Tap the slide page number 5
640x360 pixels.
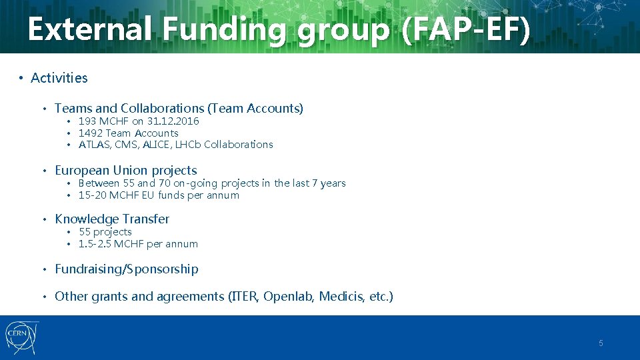(601, 343)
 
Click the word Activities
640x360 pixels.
(59, 78)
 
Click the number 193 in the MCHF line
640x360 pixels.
(87, 121)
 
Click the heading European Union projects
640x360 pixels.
(126, 171)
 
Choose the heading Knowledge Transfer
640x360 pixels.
(112, 219)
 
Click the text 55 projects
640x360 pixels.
(105, 232)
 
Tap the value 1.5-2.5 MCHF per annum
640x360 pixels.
(138, 244)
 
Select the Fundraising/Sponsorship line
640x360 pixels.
(127, 269)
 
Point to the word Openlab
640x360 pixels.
(289, 297)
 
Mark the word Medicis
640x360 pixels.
(341, 297)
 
